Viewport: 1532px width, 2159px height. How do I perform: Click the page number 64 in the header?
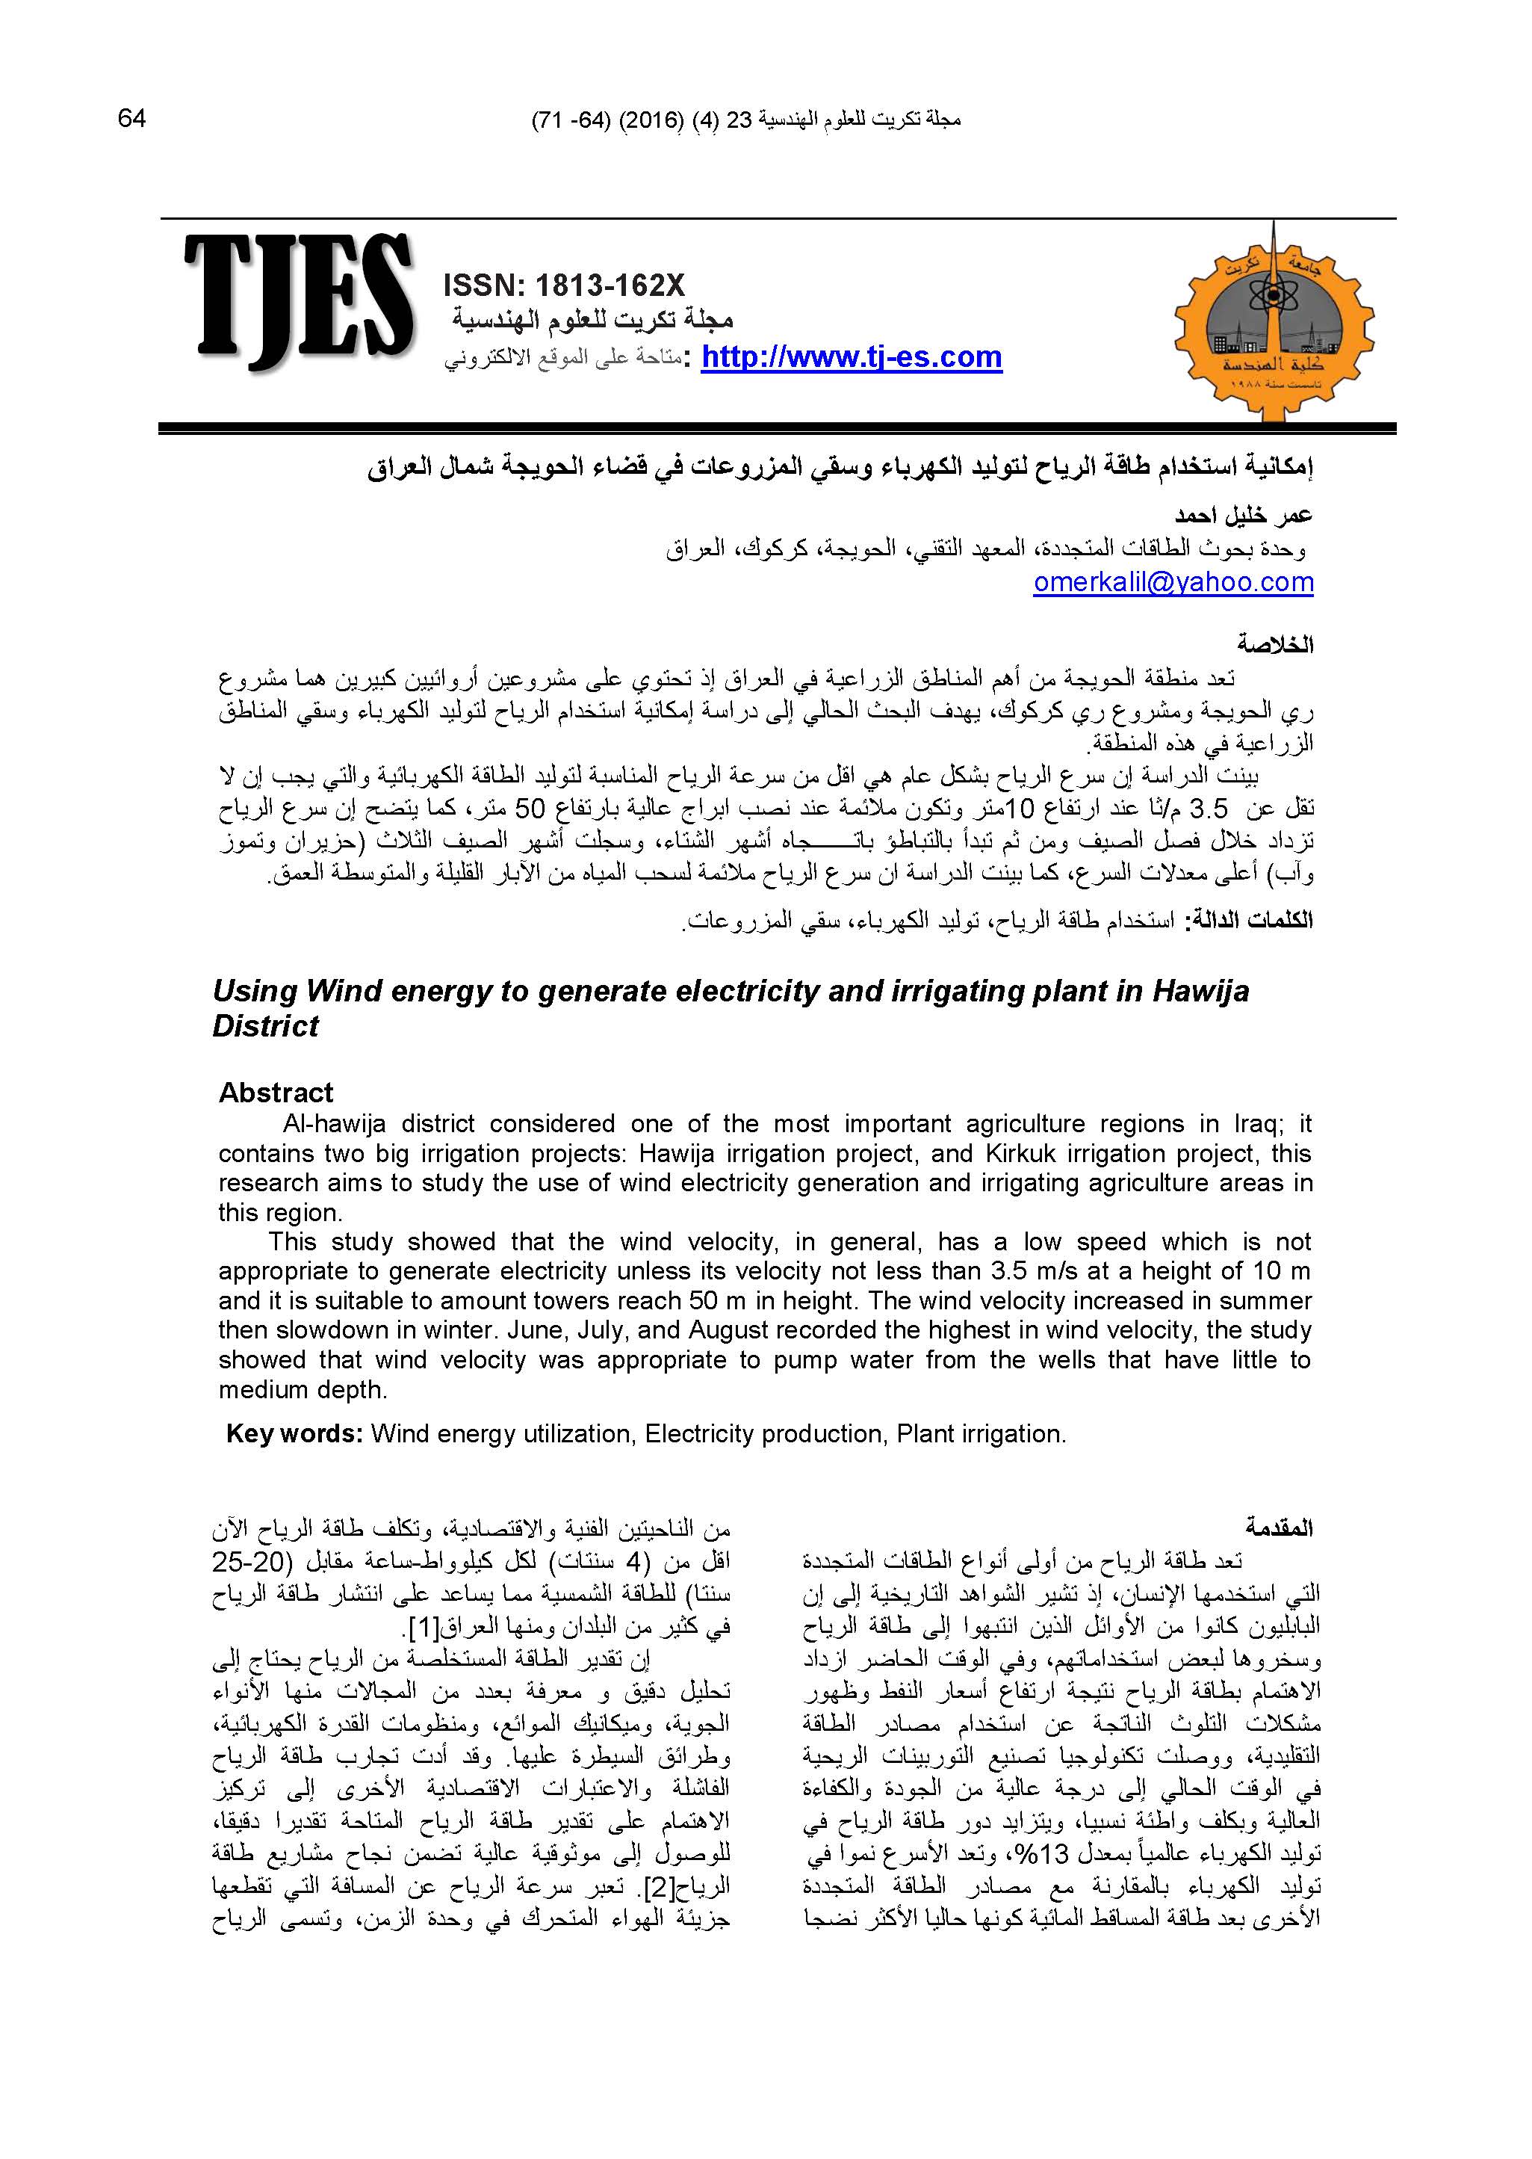tap(132, 119)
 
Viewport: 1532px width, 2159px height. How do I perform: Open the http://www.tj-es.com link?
tap(851, 358)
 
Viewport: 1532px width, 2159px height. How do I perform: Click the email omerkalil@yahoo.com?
tap(1173, 582)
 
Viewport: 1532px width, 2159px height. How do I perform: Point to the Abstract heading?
tap(276, 1093)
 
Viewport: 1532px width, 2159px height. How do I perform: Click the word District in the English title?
tap(266, 1027)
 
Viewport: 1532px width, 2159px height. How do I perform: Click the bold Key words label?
tap(294, 1434)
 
